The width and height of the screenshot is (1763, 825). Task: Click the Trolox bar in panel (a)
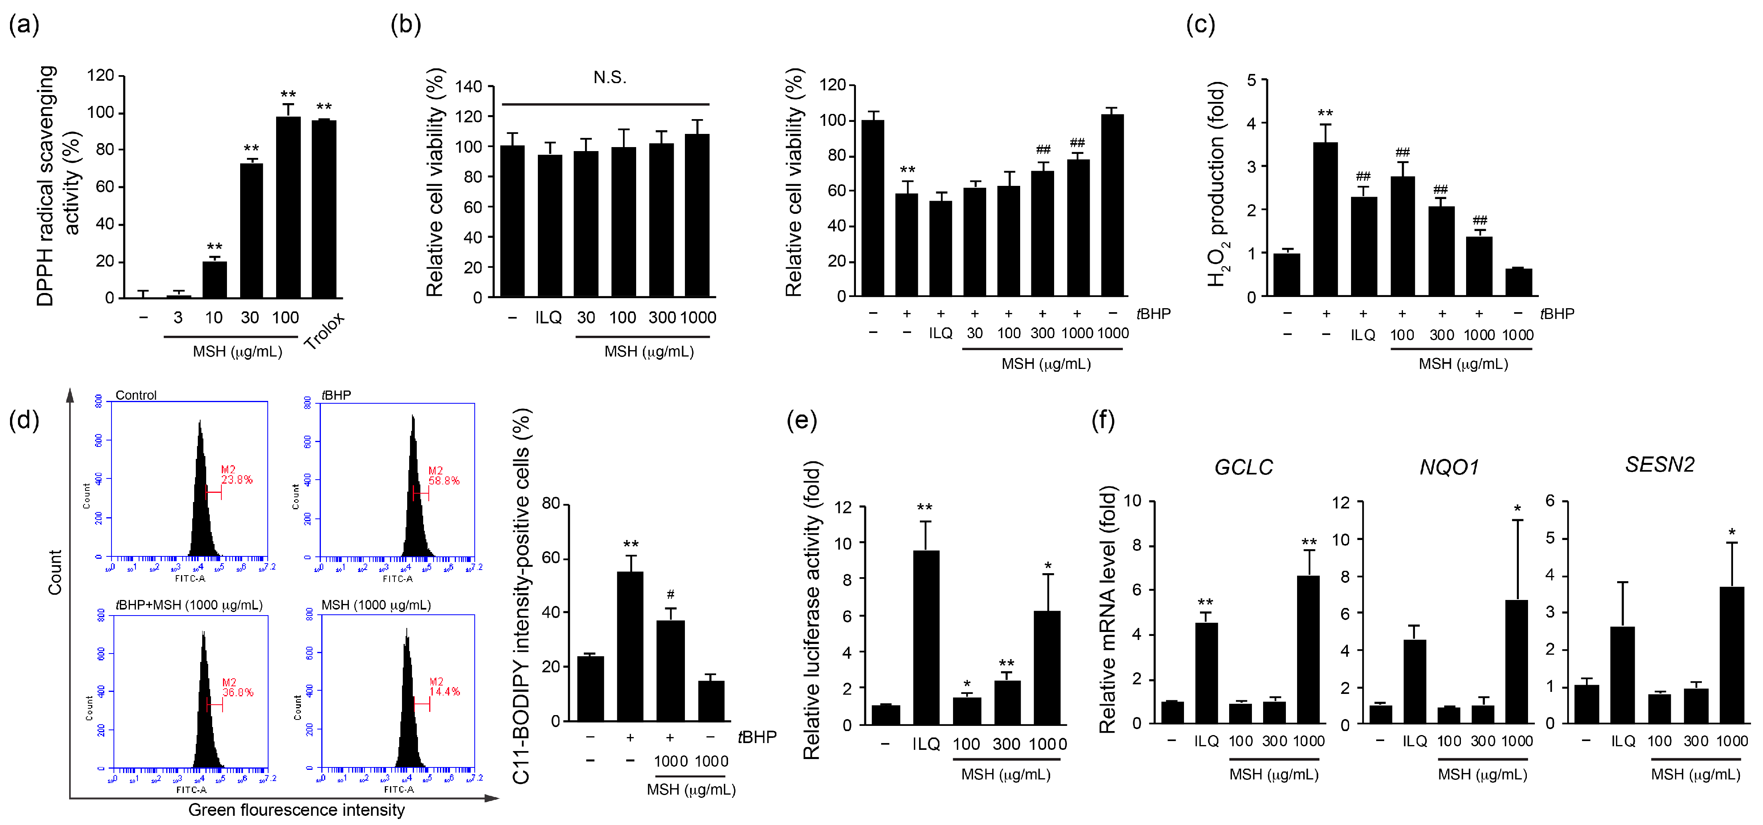(x=324, y=209)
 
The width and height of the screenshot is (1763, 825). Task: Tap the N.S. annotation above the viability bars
(x=609, y=78)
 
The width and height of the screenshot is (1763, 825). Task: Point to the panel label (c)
(x=1200, y=25)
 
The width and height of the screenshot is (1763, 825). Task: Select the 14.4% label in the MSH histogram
(x=444, y=691)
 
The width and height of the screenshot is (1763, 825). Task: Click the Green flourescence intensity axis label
(x=296, y=810)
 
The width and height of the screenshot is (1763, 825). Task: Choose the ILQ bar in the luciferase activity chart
(x=925, y=637)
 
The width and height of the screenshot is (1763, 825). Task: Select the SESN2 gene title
(x=1659, y=465)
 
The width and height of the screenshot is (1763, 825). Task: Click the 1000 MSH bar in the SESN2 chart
(x=1731, y=654)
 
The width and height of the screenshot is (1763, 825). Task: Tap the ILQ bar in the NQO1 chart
(x=1414, y=681)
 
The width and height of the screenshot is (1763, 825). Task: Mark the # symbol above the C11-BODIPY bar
(x=670, y=594)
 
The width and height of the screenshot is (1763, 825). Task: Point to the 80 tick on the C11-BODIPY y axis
(x=551, y=504)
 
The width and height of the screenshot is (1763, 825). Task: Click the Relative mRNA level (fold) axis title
(x=1106, y=609)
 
